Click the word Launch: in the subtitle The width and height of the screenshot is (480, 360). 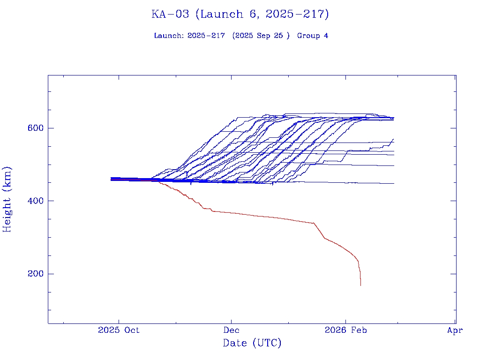pyautogui.click(x=169, y=36)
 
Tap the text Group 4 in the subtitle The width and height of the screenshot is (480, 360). pyautogui.click(x=313, y=36)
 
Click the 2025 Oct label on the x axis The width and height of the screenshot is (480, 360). pyautogui.click(x=119, y=330)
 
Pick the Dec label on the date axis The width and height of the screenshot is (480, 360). pyautogui.click(x=231, y=330)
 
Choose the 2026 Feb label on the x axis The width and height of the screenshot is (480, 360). pyautogui.click(x=345, y=330)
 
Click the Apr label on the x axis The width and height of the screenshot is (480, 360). pyautogui.click(x=455, y=330)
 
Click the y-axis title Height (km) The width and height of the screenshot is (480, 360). pyautogui.click(x=7, y=199)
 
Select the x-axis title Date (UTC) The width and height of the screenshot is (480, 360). pyautogui.click(x=252, y=343)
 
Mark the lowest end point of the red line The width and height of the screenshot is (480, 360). pyautogui.click(x=360, y=285)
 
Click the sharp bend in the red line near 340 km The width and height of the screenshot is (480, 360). pyautogui.click(x=314, y=223)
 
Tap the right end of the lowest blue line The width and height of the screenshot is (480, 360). pyautogui.click(x=394, y=183)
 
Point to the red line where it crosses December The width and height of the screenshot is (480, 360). pyautogui.click(x=231, y=213)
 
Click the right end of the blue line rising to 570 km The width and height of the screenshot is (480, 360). pyautogui.click(x=393, y=139)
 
